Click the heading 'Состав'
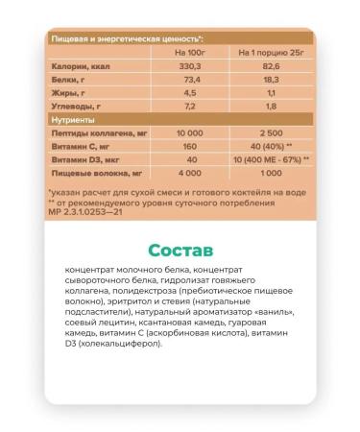click(x=180, y=249)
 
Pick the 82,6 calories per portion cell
click(x=266, y=71)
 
